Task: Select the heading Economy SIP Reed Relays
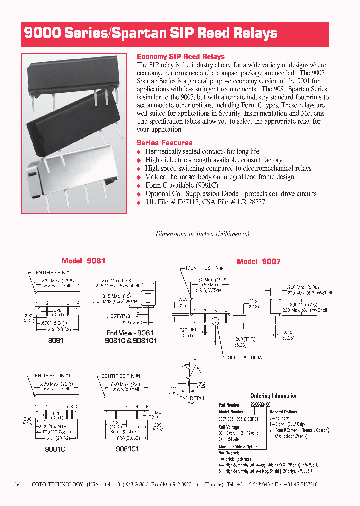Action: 180,57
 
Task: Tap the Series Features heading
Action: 164,143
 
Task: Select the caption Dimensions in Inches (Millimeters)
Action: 202,234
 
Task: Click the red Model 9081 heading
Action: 83,261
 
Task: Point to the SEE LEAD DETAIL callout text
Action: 247,358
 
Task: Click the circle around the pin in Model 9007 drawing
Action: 215,320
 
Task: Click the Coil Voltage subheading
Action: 229,427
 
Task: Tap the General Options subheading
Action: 283,412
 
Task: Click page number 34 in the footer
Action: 18,484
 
